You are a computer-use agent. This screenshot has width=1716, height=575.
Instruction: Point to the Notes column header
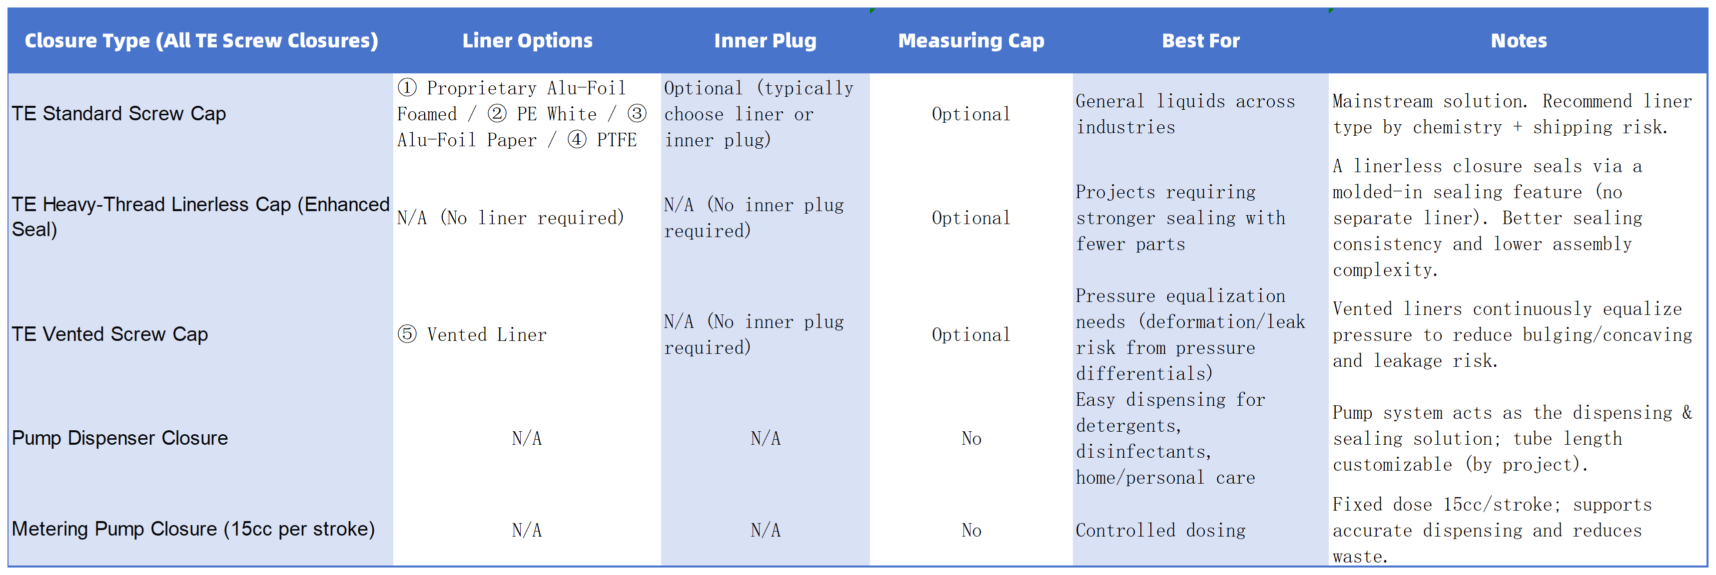(x=1518, y=40)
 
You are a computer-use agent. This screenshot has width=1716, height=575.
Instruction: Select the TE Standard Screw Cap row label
(x=118, y=114)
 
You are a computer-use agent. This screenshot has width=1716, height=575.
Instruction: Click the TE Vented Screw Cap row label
(x=110, y=334)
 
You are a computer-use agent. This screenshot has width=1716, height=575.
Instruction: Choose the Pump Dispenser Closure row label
(x=120, y=438)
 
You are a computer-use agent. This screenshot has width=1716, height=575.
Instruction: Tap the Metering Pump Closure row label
(x=193, y=529)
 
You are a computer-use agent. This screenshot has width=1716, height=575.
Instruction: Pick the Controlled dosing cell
(x=1160, y=531)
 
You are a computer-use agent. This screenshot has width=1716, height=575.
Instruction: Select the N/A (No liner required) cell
(x=510, y=218)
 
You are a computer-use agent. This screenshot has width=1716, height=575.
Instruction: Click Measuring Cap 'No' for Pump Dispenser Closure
(x=971, y=439)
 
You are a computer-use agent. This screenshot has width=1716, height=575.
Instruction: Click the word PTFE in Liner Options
(x=616, y=140)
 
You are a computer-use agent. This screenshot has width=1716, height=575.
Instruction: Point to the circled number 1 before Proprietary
(x=407, y=88)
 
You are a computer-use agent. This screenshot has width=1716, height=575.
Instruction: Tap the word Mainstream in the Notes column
(x=1382, y=101)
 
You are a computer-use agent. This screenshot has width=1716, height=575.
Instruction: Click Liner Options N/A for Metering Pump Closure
(x=526, y=531)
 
